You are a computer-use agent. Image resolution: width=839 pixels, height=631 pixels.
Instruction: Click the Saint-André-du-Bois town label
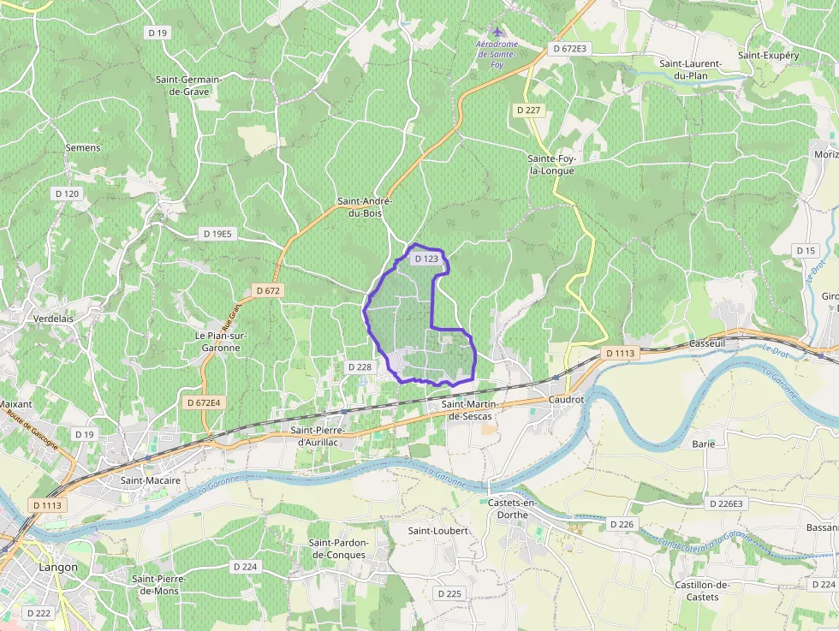point(364,207)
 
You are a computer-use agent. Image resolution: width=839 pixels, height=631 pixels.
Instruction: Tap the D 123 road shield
point(426,259)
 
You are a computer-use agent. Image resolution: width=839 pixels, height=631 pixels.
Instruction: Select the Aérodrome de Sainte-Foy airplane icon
point(497,32)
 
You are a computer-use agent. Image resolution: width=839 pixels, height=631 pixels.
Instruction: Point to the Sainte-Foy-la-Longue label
point(551,164)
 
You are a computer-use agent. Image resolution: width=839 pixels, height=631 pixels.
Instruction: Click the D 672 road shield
point(268,291)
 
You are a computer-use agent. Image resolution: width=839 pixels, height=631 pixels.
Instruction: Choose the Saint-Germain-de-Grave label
point(188,85)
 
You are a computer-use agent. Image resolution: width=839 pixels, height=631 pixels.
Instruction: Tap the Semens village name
point(83,147)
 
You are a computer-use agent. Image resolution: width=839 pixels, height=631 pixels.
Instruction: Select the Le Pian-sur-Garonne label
point(221,342)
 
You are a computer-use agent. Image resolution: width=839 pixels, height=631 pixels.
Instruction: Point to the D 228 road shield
point(360,366)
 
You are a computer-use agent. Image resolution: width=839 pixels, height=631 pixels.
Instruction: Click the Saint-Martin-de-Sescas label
point(470,409)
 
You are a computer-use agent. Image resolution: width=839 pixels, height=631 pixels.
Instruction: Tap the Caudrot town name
point(566,399)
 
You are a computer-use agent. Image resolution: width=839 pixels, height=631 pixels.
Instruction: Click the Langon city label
point(58,567)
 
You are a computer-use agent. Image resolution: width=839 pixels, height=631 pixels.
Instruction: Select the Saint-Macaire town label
point(150,480)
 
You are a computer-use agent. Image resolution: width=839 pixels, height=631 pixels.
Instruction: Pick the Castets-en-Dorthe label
point(511,509)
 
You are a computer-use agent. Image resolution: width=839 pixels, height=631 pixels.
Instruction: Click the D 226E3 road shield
point(727,504)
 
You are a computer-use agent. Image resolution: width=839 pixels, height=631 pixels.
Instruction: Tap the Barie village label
point(703,444)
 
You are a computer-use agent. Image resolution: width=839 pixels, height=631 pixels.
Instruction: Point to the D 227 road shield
point(529,110)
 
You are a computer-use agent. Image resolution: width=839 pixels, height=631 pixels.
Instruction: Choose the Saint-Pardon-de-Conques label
point(338,549)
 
